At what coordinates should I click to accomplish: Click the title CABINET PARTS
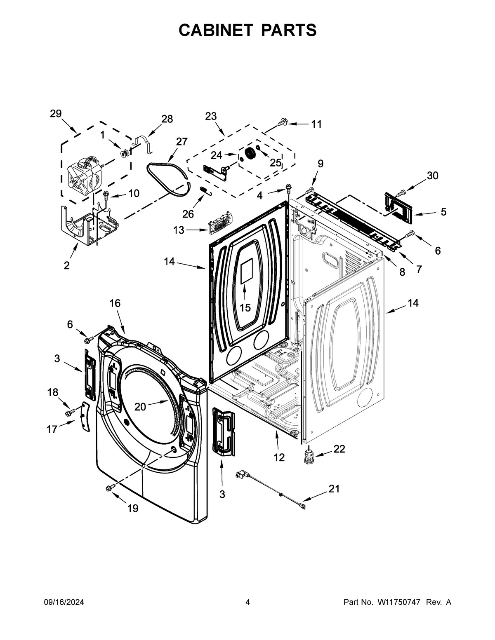click(247, 30)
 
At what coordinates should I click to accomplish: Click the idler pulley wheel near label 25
click(250, 153)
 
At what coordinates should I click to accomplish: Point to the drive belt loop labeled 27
click(169, 177)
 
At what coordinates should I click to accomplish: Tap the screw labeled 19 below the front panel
click(109, 488)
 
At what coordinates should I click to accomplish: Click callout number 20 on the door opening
click(140, 406)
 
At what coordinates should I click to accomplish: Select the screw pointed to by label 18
click(69, 411)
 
